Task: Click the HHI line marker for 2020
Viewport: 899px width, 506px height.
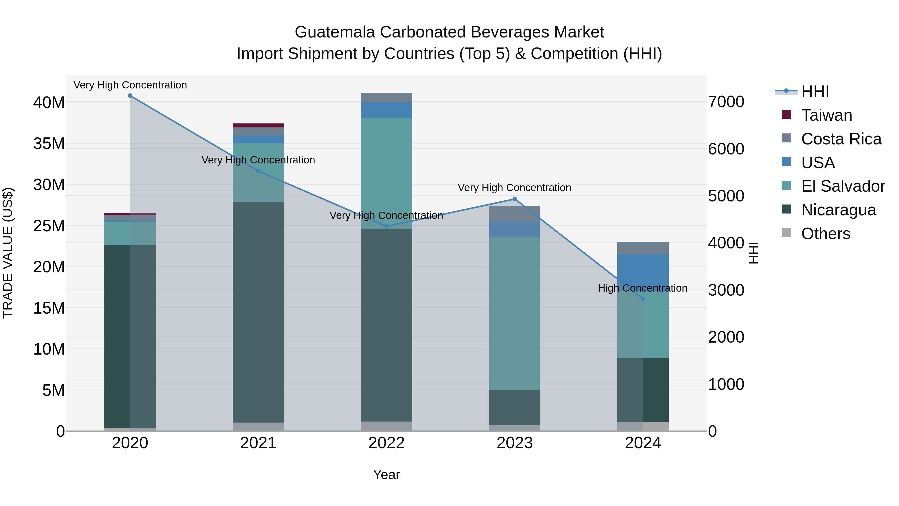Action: [x=130, y=96]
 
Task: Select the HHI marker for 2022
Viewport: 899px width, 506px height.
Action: [x=386, y=227]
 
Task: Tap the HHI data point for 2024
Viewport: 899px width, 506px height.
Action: [x=643, y=299]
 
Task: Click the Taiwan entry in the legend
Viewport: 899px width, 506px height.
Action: [x=826, y=115]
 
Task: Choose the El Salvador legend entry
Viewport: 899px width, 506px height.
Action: [x=843, y=186]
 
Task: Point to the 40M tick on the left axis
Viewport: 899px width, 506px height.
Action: [x=49, y=103]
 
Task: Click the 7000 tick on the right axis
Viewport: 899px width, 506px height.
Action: [x=726, y=102]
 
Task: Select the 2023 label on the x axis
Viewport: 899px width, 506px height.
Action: [x=514, y=443]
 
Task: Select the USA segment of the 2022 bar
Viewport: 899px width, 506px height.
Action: [x=386, y=110]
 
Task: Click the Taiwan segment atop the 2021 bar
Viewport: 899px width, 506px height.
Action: [x=258, y=125]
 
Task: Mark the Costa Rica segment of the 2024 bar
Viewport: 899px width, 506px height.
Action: [x=643, y=248]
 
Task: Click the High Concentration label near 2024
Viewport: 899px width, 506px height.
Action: [x=643, y=288]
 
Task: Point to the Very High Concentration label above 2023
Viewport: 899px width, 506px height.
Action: [x=514, y=188]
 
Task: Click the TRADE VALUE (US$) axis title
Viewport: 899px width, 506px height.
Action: [x=8, y=253]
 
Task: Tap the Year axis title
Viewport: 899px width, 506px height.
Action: [x=386, y=475]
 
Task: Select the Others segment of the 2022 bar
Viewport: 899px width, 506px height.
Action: [x=386, y=426]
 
